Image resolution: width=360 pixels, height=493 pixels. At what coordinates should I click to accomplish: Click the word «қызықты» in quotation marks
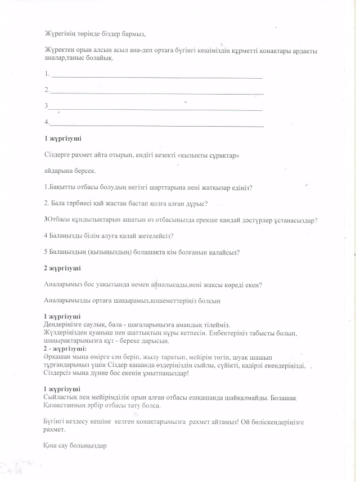[x=189, y=154]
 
